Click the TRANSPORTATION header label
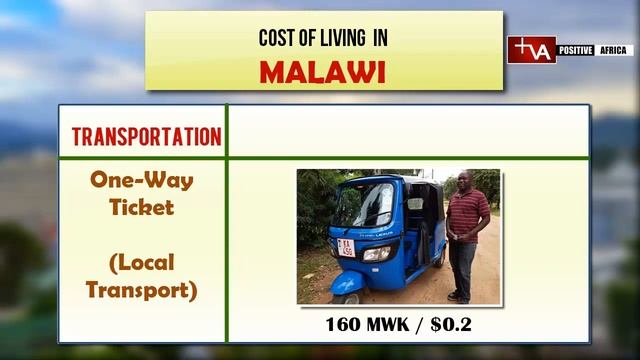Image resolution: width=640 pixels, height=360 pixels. pos(146,137)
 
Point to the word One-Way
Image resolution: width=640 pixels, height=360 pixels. pos(142,181)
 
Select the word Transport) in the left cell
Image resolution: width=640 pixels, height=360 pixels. pos(142,290)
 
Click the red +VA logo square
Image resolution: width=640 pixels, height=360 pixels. pos(531,50)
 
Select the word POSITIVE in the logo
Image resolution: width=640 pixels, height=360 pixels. pos(577,50)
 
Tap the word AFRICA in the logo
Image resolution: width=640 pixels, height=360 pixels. pos(614,50)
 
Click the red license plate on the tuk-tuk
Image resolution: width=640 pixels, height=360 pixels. pos(347,246)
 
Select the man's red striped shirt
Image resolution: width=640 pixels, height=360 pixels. pos(466,215)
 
